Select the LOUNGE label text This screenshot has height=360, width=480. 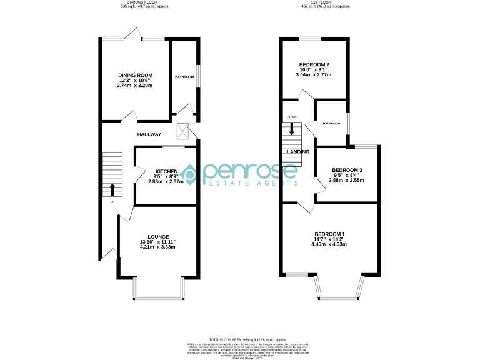pyautogui.click(x=159, y=236)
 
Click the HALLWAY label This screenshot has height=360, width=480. pyautogui.click(x=149, y=134)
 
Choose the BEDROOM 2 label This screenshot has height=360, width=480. pyautogui.click(x=314, y=64)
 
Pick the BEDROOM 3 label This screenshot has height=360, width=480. pyautogui.click(x=347, y=170)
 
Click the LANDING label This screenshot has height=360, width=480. pyautogui.click(x=297, y=152)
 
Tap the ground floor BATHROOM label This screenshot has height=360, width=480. pyautogui.click(x=184, y=76)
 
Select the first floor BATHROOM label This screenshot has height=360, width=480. pyautogui.click(x=331, y=123)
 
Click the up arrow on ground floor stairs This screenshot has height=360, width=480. pyautogui.click(x=112, y=189)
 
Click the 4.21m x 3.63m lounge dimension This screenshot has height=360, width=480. pyautogui.click(x=159, y=247)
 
